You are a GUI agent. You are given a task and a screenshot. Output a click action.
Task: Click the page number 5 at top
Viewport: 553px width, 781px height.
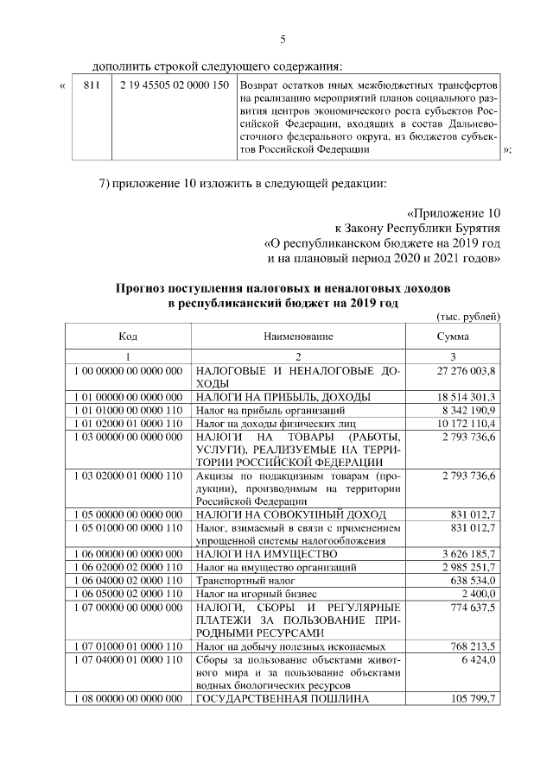coord(282,39)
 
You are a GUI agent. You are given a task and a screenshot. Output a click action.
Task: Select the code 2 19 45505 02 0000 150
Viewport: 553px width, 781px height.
coord(175,86)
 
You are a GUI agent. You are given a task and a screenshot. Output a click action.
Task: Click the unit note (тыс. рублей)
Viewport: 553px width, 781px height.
coord(470,317)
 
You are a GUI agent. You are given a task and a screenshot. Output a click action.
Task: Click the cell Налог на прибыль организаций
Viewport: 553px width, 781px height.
coord(261,410)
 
